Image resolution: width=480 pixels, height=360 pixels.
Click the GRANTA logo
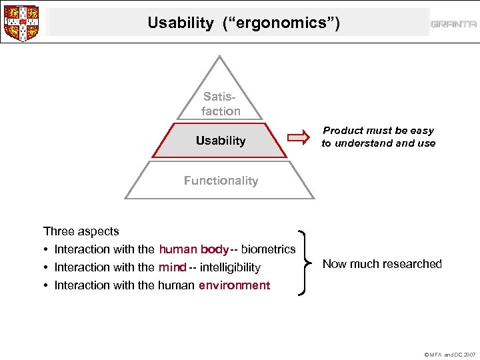(453, 24)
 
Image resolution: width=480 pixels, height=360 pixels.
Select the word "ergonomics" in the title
(280, 23)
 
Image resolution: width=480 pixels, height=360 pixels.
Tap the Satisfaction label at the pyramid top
(221, 105)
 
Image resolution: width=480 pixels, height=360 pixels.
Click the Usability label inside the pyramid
(220, 141)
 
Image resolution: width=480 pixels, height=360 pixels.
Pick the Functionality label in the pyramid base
(221, 181)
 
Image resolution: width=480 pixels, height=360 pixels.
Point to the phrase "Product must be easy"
(378, 131)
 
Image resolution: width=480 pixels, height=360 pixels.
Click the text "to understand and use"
(378, 143)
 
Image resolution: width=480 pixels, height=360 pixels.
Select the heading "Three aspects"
(81, 231)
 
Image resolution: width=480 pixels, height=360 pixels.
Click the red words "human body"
(193, 249)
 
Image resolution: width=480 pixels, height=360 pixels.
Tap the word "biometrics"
(268, 249)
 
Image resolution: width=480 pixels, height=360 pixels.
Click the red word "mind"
(172, 267)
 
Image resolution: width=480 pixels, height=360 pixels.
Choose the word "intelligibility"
(230, 267)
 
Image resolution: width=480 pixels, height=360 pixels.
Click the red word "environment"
(234, 285)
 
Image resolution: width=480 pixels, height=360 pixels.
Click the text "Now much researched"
(382, 264)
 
